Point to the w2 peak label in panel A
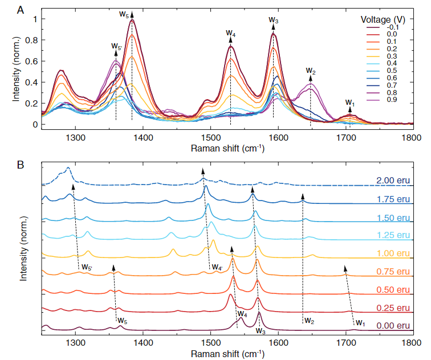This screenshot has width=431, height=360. (310, 71)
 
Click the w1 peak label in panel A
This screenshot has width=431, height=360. (350, 103)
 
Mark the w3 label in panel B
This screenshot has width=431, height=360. (261, 331)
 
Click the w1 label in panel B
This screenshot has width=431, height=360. (360, 322)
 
